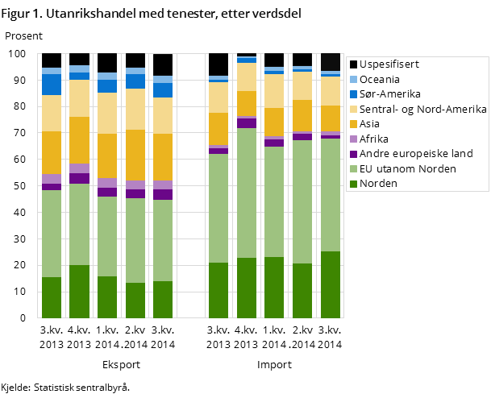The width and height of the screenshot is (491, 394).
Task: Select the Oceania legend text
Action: click(x=380, y=79)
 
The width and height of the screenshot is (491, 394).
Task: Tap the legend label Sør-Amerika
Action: click(x=390, y=93)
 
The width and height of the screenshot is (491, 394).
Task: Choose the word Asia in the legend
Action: click(x=371, y=124)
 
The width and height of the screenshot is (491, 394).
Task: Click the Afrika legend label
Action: click(x=374, y=139)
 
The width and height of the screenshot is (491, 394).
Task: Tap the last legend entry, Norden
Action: click(x=378, y=184)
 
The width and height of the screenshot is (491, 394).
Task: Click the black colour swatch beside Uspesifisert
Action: click(x=353, y=64)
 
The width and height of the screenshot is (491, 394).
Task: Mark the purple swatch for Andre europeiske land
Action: click(x=353, y=154)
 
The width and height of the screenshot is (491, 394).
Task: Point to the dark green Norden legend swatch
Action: click(x=353, y=184)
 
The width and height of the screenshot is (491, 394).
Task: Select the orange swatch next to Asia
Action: click(x=353, y=124)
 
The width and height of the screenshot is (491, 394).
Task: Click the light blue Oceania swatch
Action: click(x=353, y=79)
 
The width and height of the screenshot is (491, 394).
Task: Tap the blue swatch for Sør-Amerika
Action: click(x=353, y=94)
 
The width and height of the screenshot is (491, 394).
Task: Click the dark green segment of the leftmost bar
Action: click(x=52, y=297)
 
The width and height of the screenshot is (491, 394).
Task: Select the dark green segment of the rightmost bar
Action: click(x=331, y=284)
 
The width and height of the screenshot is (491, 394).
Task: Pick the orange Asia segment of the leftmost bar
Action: click(x=52, y=152)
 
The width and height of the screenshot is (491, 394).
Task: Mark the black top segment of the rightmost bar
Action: click(x=331, y=62)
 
